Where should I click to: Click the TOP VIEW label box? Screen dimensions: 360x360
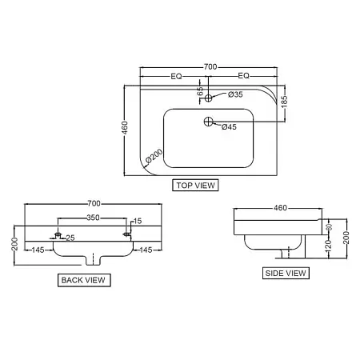pos(195,185)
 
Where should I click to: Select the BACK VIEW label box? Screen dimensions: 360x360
pos(84,280)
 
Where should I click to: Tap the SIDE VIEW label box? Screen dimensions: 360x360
pos(286,273)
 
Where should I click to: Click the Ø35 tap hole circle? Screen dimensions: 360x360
pos(208,98)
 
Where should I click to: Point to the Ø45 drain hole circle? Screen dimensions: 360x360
pos(209,122)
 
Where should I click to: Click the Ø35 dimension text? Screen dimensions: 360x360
pos(235,94)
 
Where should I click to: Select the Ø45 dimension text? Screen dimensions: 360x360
pos(229,127)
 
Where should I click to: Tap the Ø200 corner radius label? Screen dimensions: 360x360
pos(154,155)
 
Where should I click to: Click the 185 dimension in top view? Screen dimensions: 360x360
pos(285,102)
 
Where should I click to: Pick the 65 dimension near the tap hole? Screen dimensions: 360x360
pos(200,91)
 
